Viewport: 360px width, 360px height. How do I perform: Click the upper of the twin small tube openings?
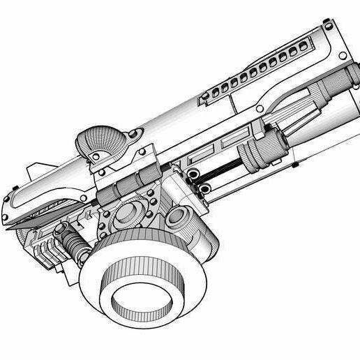coord(191,172)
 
